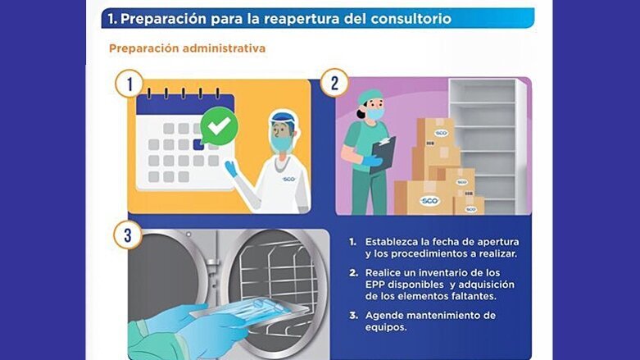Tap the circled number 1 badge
(x=129, y=83)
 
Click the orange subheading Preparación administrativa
(x=187, y=48)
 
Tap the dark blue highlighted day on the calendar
(x=197, y=144)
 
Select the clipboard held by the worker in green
(x=383, y=153)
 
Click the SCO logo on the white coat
(x=288, y=179)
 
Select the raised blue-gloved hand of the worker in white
(x=231, y=168)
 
